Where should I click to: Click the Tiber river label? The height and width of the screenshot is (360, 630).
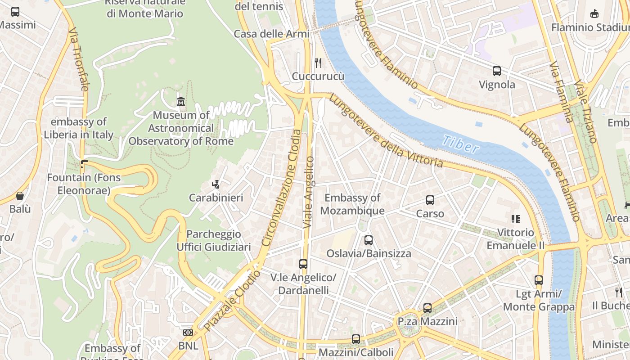[x=460, y=144]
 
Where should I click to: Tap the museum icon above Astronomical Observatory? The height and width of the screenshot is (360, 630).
[x=181, y=102]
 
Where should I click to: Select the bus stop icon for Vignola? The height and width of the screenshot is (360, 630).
[x=497, y=71]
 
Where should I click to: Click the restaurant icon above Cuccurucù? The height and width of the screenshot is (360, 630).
[x=318, y=63]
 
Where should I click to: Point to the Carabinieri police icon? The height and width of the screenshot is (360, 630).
[x=216, y=184]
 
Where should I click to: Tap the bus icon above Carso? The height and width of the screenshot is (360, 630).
[x=430, y=200]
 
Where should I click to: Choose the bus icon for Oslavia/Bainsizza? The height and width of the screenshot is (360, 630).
[x=369, y=240]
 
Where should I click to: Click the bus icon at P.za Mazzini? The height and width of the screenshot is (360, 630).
[x=427, y=308]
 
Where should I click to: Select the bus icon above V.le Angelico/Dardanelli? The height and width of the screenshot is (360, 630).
[x=303, y=264]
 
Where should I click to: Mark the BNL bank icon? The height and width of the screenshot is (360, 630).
[x=188, y=333]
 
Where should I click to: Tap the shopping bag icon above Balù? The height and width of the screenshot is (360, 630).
[x=20, y=196]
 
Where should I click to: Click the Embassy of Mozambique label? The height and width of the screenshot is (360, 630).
[x=352, y=204]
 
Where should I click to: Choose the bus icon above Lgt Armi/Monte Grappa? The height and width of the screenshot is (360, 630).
[x=539, y=280]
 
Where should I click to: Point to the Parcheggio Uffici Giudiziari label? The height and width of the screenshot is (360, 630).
[x=213, y=241]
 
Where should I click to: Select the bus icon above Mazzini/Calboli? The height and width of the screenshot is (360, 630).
[x=356, y=339]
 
